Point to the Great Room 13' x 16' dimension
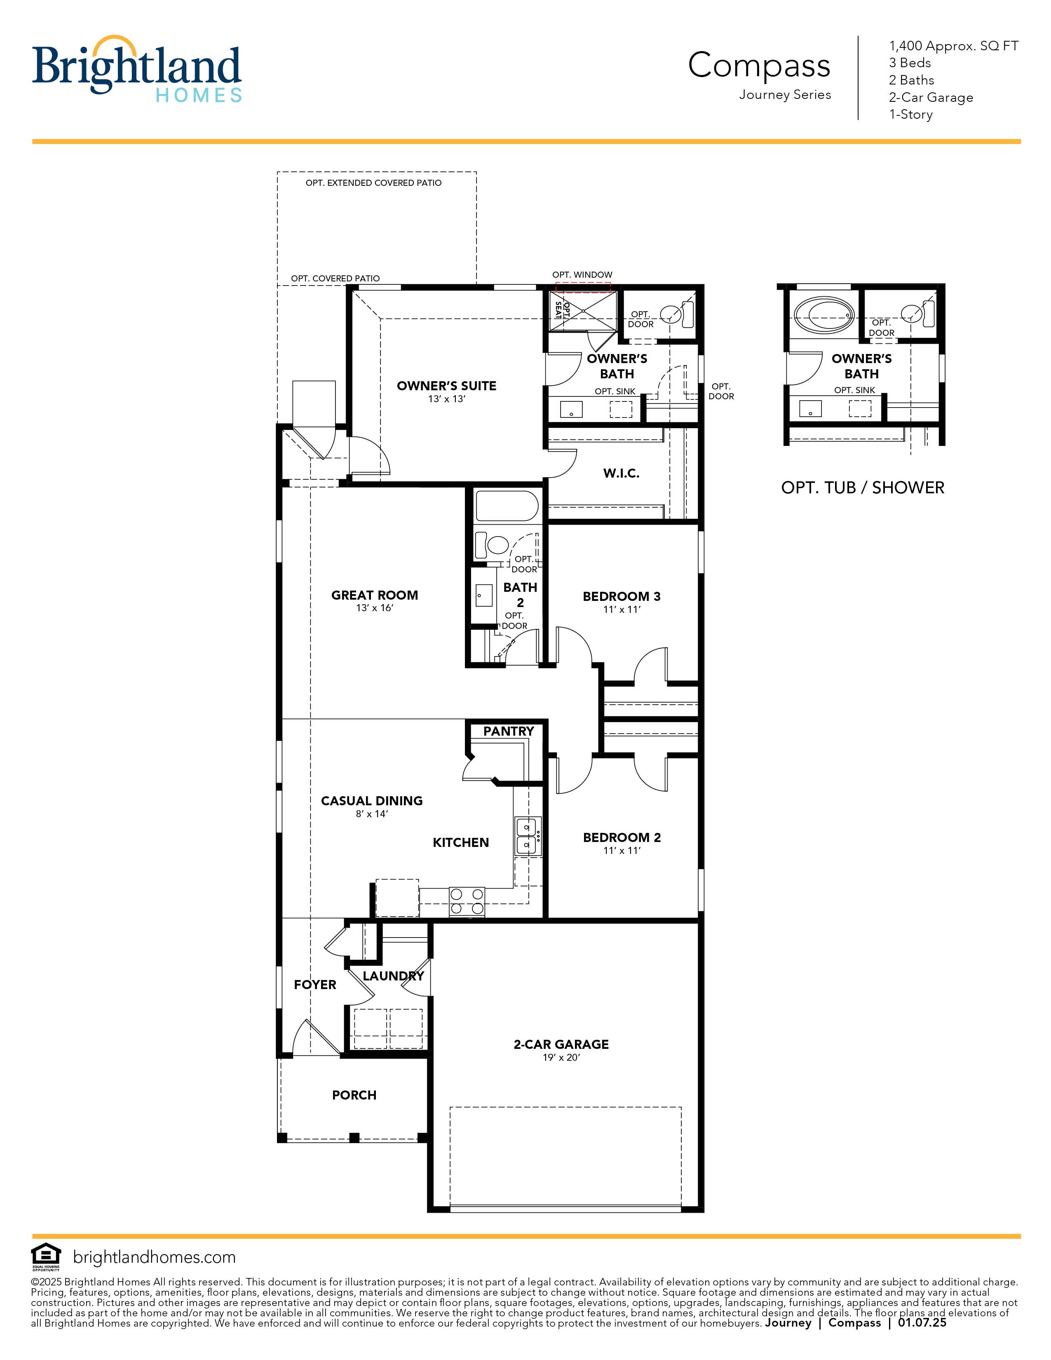[375, 608]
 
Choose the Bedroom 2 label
[622, 837]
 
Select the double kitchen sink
[528, 836]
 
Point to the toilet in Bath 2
[492, 545]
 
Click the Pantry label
[508, 731]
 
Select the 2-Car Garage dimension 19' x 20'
[561, 1058]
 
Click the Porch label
[354, 1095]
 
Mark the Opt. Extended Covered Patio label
[373, 183]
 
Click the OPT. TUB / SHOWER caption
[862, 488]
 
